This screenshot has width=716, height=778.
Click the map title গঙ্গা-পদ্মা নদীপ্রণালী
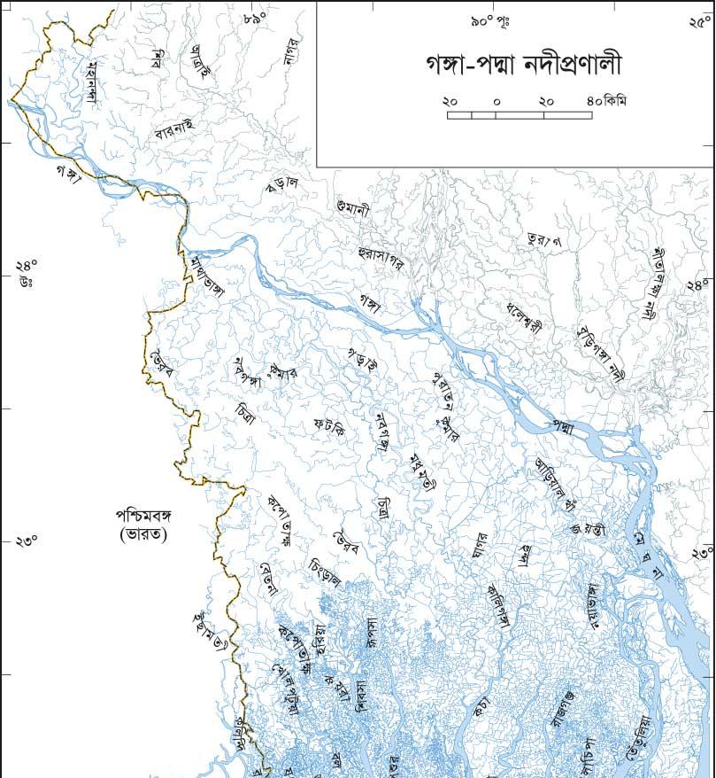[512, 66]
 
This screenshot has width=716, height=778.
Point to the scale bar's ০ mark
[497, 102]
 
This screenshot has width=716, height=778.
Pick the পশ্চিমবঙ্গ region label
[145, 516]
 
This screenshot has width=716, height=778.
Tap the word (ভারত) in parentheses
[143, 534]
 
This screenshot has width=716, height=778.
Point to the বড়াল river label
[282, 184]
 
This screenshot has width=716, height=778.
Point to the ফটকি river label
[328, 428]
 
